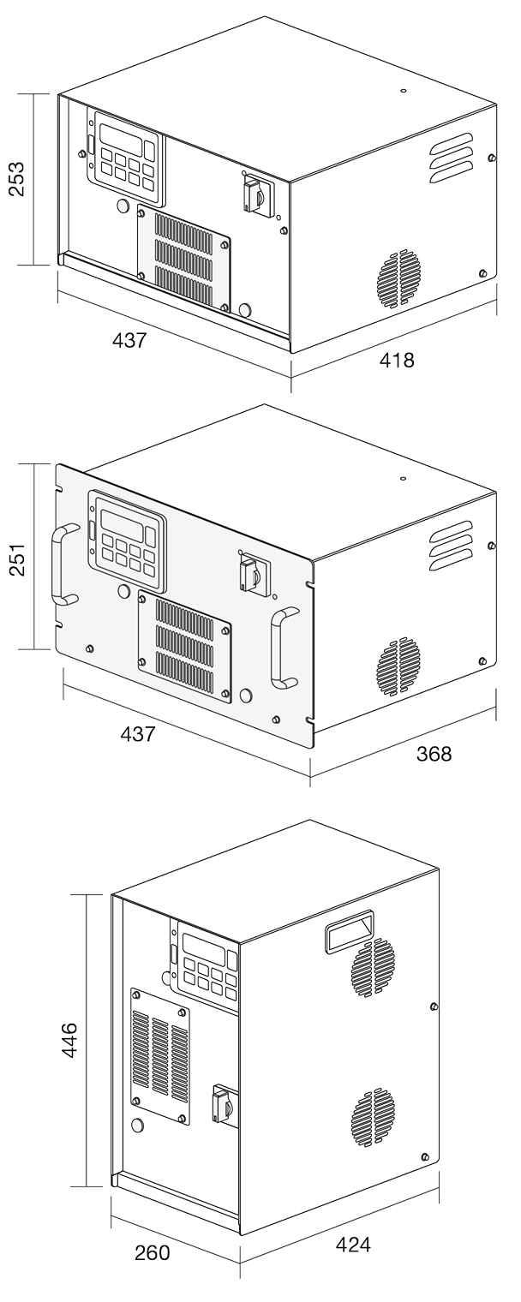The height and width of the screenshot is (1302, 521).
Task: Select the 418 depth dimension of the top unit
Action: click(396, 361)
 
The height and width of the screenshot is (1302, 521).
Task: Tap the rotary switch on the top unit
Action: click(255, 196)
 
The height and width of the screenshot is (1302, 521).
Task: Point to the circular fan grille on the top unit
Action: click(399, 278)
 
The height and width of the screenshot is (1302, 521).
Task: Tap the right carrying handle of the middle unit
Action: click(280, 648)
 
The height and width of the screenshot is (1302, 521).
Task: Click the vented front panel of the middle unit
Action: click(184, 641)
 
